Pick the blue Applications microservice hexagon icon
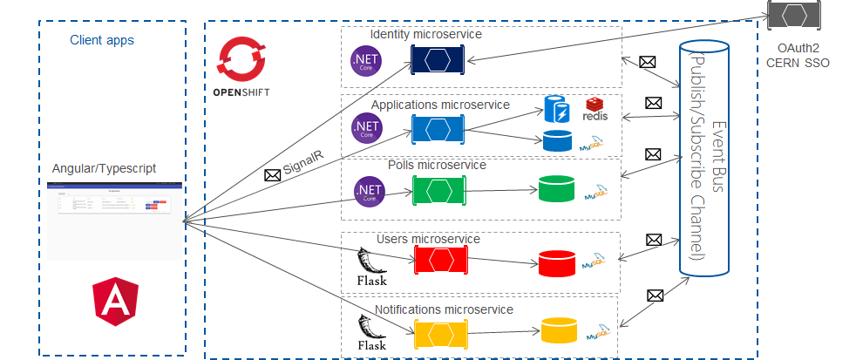point(438,130)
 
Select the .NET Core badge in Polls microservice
point(370,192)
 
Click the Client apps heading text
point(102,40)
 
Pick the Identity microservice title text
point(425,34)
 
